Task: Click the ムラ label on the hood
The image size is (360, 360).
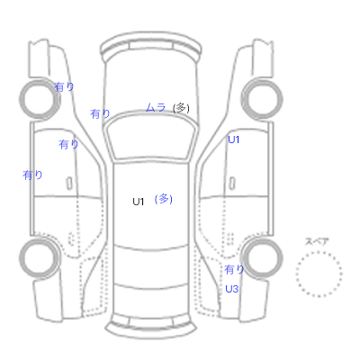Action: [156, 107]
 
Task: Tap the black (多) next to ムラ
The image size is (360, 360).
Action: [181, 108]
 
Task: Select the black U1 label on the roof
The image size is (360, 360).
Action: [139, 202]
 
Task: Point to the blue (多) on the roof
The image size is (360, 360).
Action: [164, 199]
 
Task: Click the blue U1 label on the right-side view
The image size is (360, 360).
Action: [234, 139]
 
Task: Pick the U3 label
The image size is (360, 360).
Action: [231, 289]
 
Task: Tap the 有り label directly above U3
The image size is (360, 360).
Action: [234, 269]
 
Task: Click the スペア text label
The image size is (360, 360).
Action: [317, 241]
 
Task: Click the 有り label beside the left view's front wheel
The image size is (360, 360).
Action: [64, 87]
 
